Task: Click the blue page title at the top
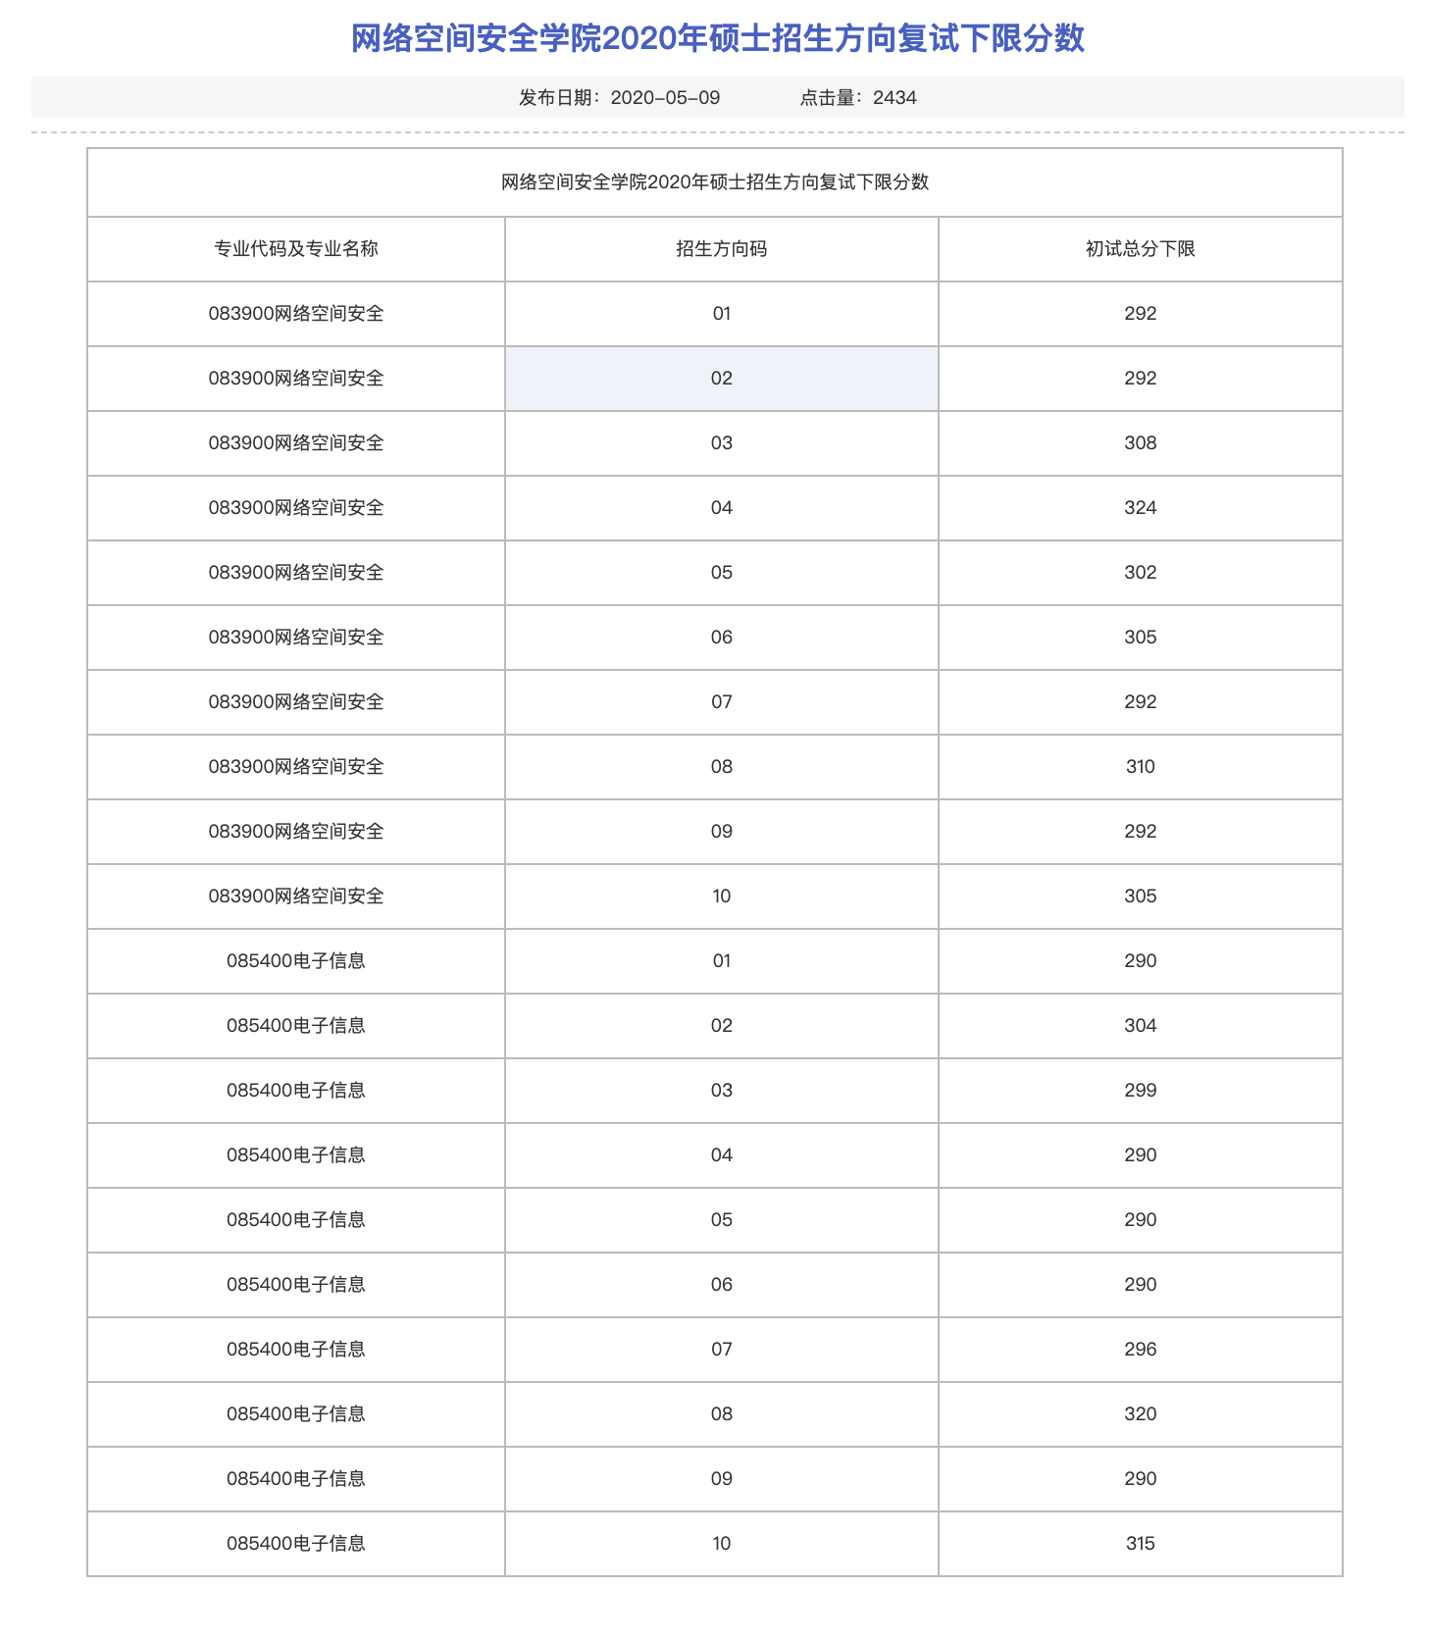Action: click(717, 39)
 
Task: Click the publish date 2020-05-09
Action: click(665, 97)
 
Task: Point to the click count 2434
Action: click(894, 97)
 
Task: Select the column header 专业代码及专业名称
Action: click(296, 249)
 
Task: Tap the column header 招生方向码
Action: click(721, 249)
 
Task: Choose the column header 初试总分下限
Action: click(1140, 249)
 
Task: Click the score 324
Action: click(1140, 508)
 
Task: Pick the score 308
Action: click(1140, 443)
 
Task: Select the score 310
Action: click(1140, 767)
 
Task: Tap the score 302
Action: click(1140, 573)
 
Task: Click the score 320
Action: click(1140, 1414)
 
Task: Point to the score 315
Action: click(1140, 1544)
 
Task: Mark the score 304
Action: click(1140, 1026)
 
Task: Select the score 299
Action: click(1140, 1091)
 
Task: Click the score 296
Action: click(1140, 1350)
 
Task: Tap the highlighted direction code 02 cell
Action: click(721, 379)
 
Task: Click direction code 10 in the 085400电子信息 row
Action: click(721, 1544)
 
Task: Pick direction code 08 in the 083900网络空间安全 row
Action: click(721, 767)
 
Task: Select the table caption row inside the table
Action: click(714, 182)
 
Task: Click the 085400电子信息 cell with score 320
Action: click(296, 1414)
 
